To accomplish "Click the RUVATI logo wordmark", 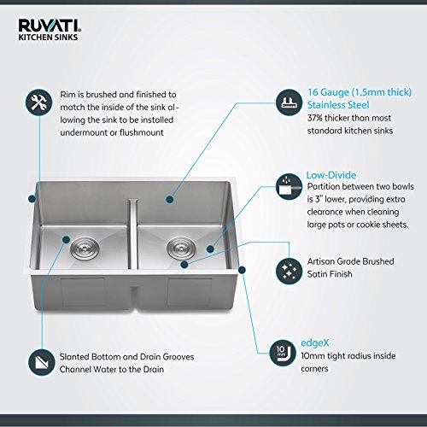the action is (x=50, y=26).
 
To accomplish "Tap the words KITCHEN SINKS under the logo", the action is (x=48, y=38).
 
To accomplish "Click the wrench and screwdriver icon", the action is (x=38, y=102).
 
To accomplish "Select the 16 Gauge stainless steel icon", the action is (x=289, y=102).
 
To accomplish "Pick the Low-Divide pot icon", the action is (x=289, y=187).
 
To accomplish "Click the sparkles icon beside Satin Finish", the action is (x=289, y=271).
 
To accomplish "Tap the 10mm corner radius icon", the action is (x=283, y=353).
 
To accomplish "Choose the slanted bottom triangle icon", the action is (x=42, y=362).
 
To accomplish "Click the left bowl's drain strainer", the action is (x=85, y=249).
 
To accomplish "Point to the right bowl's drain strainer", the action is (x=181, y=248).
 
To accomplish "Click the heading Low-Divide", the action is (x=331, y=175).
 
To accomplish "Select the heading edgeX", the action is (x=315, y=343).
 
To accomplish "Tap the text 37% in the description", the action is (x=315, y=118).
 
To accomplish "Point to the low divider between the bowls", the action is (x=133, y=234).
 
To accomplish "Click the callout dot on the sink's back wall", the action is (x=170, y=199).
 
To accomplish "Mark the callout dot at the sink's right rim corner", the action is (x=242, y=270).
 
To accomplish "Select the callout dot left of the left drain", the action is (x=66, y=240).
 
